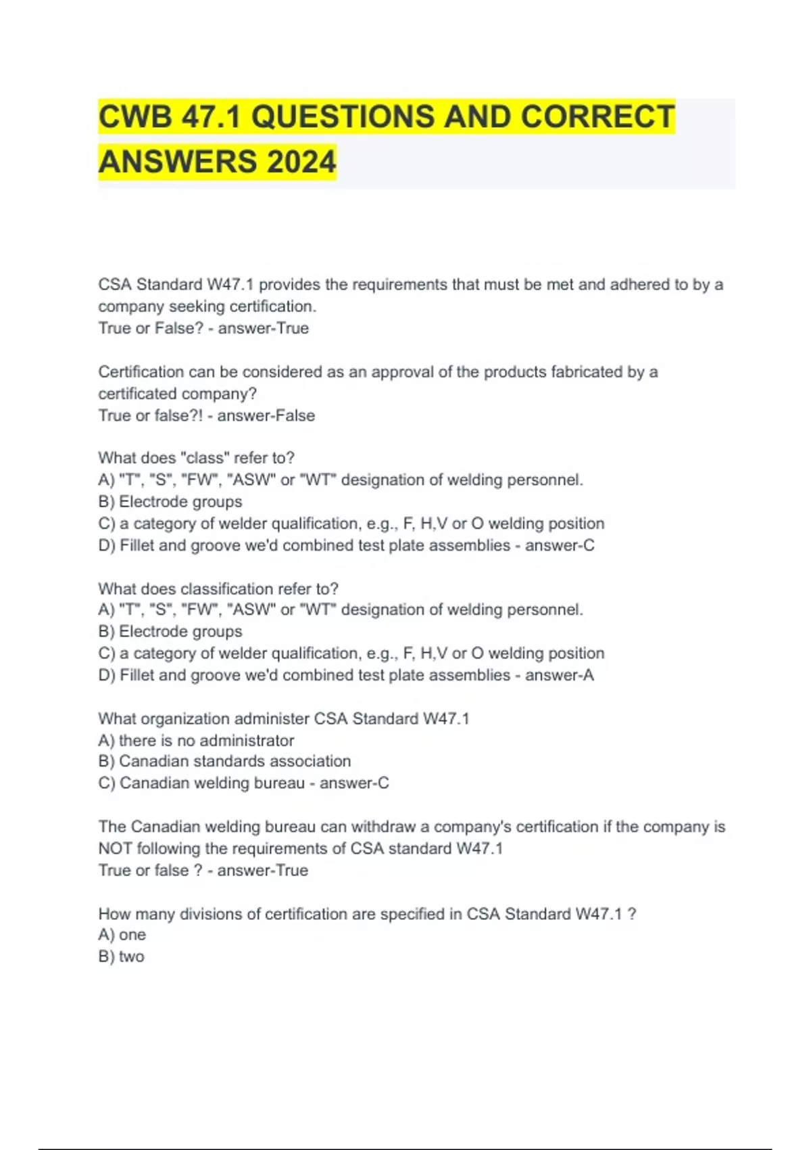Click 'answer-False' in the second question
[266, 415]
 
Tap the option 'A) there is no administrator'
[196, 740]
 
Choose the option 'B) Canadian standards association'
[224, 762]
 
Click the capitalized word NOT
[115, 848]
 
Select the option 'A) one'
[122, 935]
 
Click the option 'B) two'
[122, 957]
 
